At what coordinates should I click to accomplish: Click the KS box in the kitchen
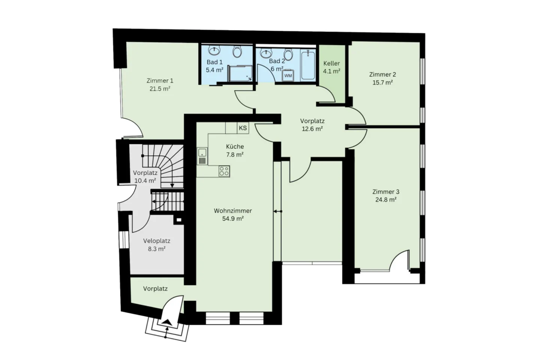tap(243, 128)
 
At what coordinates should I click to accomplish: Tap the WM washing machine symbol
tap(288, 75)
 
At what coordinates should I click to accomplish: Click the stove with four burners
tap(224, 171)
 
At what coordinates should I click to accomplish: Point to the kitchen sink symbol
tap(202, 156)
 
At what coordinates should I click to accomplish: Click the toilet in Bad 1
tap(237, 51)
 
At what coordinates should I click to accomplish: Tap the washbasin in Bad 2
tap(266, 53)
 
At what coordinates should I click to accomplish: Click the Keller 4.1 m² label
tap(331, 67)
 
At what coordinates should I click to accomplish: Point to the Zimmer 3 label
tap(385, 192)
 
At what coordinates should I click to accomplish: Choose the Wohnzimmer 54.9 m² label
tap(233, 214)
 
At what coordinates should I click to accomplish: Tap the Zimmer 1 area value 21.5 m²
tap(160, 89)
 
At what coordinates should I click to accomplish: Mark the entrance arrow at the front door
tap(166, 321)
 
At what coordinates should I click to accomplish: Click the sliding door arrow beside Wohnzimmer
tap(277, 211)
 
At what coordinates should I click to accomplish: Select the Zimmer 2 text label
tap(382, 74)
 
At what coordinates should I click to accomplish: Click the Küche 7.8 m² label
tap(235, 150)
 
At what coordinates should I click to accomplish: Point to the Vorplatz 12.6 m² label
tap(312, 125)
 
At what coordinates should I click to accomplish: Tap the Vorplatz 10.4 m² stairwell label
tap(145, 177)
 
